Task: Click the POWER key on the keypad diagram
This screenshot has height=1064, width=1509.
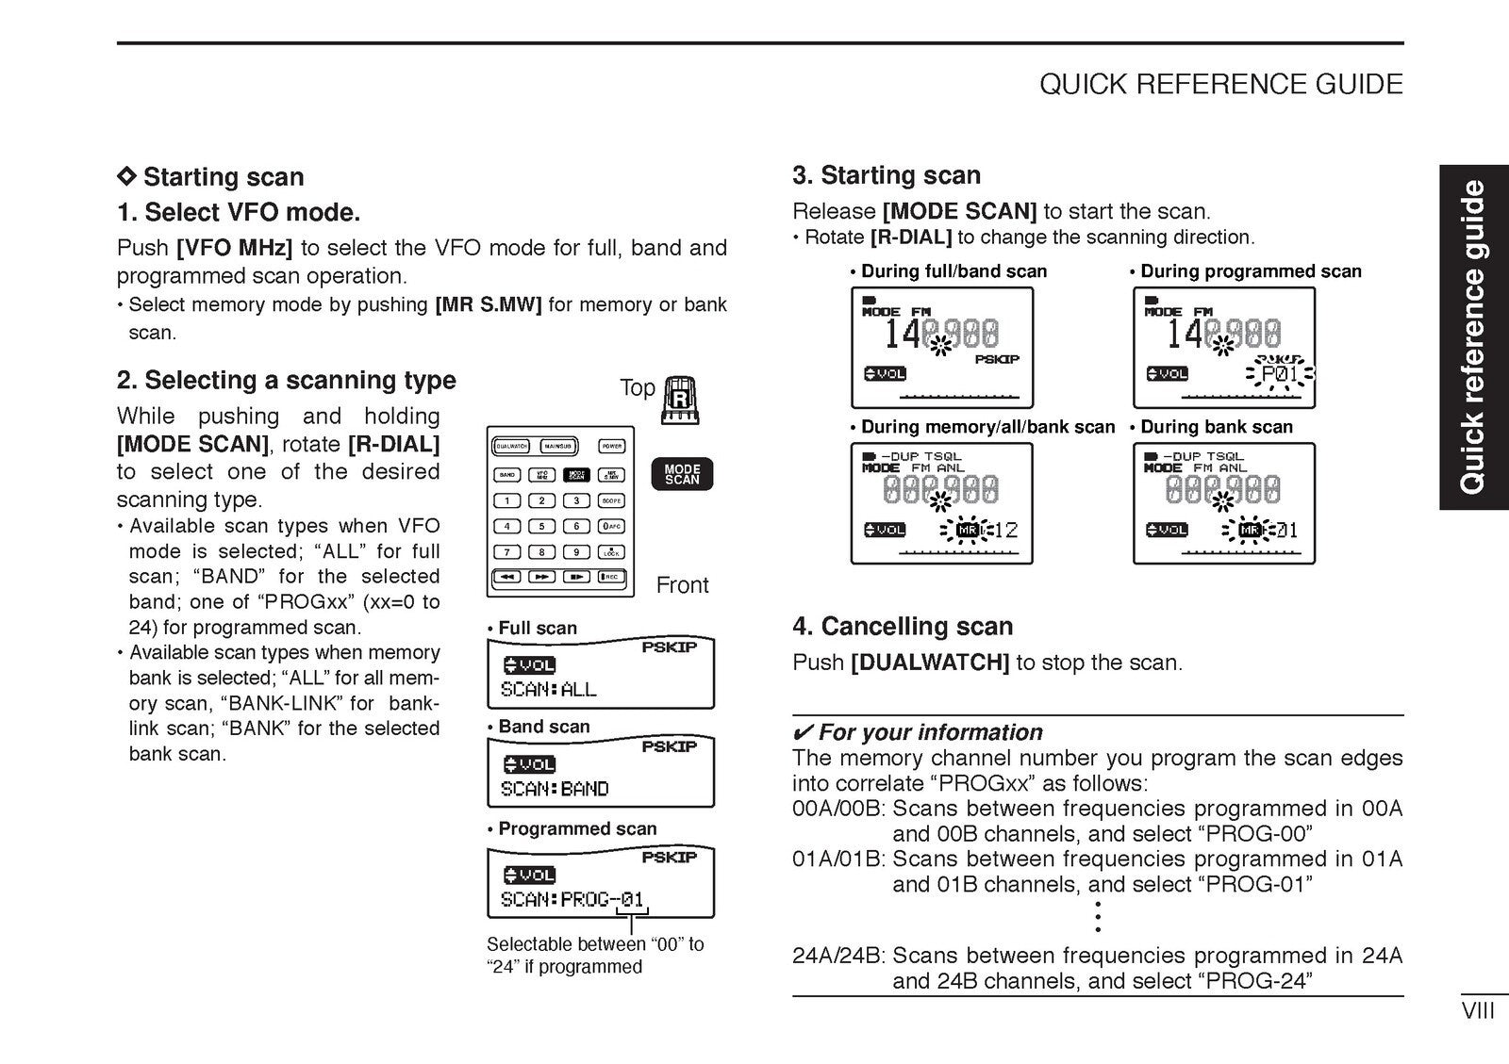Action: point(611,447)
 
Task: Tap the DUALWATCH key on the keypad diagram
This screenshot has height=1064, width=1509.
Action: point(511,447)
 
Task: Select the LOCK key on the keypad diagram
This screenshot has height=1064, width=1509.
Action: point(611,552)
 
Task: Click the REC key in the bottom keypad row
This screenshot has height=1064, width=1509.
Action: point(611,577)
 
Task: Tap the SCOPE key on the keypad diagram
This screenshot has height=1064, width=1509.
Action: point(611,500)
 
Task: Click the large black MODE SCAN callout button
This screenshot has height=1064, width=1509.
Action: point(682,474)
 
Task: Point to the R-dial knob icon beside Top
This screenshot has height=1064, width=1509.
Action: point(681,401)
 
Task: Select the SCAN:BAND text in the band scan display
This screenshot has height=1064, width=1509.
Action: point(555,789)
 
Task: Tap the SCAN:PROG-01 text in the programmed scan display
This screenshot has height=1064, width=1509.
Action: point(572,899)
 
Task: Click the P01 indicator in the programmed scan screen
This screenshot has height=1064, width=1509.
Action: point(1280,375)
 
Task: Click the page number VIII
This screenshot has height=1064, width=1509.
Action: point(1477,1011)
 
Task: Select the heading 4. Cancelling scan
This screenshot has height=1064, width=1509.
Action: point(903,627)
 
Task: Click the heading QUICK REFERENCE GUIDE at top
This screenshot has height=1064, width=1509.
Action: point(1220,85)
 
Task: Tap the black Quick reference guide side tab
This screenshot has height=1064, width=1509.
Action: point(1472,336)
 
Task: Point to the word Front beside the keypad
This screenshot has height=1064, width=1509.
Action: point(682,585)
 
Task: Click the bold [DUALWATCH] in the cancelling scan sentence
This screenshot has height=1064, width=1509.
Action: point(929,663)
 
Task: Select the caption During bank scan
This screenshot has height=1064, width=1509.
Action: point(1216,427)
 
